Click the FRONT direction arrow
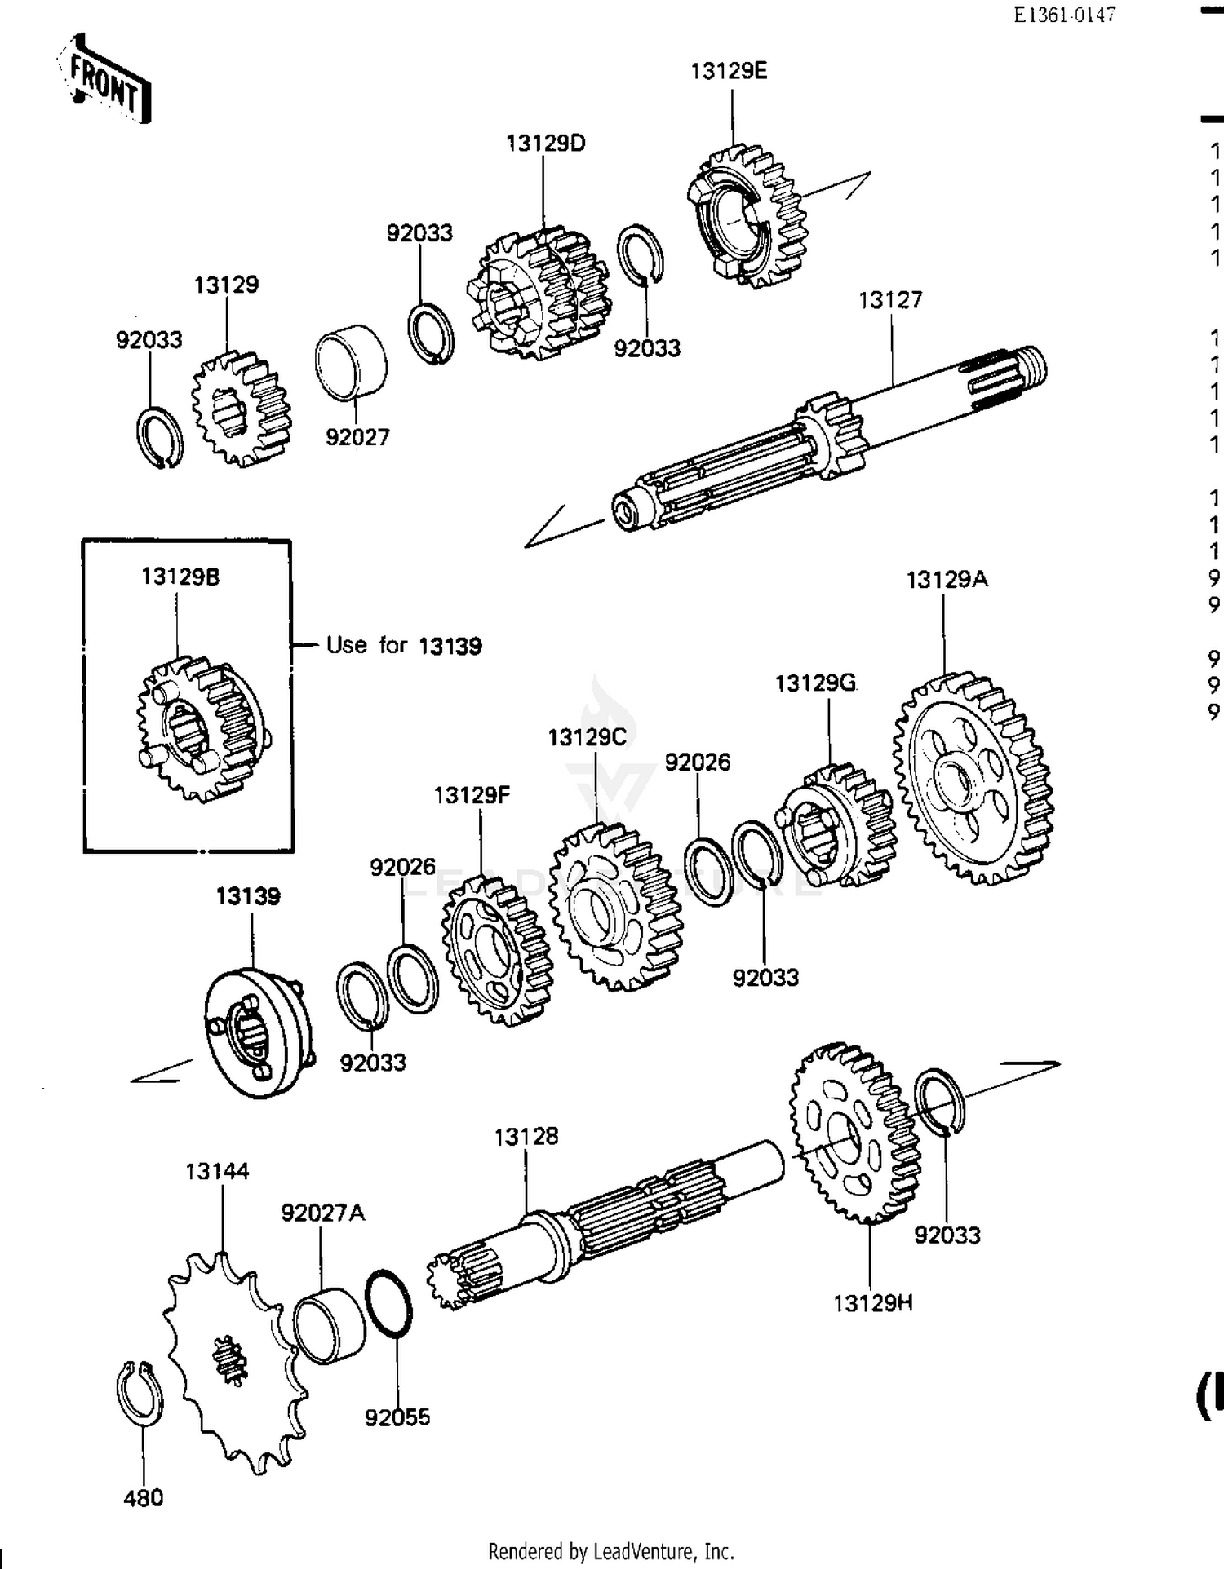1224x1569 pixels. pos(104,81)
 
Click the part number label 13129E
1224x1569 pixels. pos(729,72)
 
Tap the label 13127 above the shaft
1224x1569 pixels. pos(890,301)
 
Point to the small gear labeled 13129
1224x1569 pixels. pos(241,408)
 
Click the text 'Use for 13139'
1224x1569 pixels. pos(404,646)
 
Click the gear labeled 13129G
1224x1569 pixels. pos(836,826)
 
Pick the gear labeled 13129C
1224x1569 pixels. pos(616,906)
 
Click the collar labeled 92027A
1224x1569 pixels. pos(329,1325)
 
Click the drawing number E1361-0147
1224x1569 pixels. pos(1064,15)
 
